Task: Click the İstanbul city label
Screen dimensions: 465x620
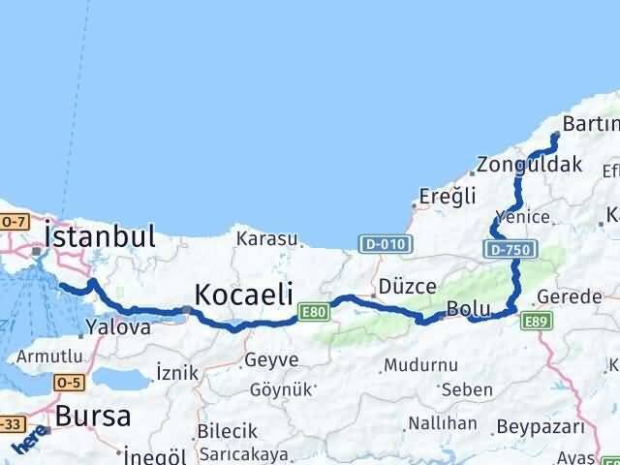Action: [100, 235]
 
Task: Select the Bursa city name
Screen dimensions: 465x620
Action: [93, 417]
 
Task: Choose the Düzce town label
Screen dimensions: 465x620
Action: [408, 287]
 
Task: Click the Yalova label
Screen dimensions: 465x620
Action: [118, 327]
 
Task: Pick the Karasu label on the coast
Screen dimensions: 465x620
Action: [263, 237]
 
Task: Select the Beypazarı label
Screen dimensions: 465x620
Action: [541, 427]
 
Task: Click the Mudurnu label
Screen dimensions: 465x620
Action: [419, 366]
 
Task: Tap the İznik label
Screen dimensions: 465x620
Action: [176, 372]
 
